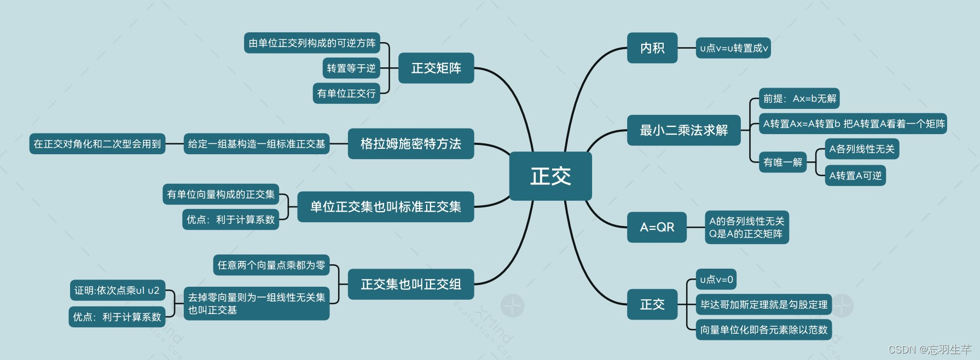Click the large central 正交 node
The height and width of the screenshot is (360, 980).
pyautogui.click(x=550, y=176)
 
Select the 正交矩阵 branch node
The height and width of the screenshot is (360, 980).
pyautogui.click(x=436, y=68)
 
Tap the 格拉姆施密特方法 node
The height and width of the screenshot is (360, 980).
pyautogui.click(x=410, y=143)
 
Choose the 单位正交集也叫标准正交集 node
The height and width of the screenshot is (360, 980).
pyautogui.click(x=385, y=207)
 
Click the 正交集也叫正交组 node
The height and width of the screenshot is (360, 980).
pyautogui.click(x=410, y=284)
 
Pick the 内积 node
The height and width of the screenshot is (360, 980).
pyautogui.click(x=652, y=48)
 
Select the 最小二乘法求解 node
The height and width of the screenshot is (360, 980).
pyautogui.click(x=683, y=130)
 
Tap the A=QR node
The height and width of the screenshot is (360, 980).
pyautogui.click(x=657, y=227)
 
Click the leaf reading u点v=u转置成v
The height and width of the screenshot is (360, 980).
pyautogui.click(x=734, y=48)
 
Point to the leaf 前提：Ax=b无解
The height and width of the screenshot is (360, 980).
pyautogui.click(x=799, y=98)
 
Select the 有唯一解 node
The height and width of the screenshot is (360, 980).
pyautogui.click(x=782, y=162)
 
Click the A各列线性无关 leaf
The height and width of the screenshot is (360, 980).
pyautogui.click(x=861, y=149)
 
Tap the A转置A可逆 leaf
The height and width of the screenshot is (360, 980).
pyautogui.click(x=855, y=176)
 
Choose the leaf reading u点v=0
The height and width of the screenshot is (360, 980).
pyautogui.click(x=716, y=280)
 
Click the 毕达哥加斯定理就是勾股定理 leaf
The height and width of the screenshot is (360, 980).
pyautogui.click(x=763, y=305)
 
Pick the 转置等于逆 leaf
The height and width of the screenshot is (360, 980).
pyautogui.click(x=351, y=68)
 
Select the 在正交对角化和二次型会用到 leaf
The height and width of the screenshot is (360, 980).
pyautogui.click(x=97, y=144)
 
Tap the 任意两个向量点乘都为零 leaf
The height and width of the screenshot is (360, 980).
pyautogui.click(x=271, y=265)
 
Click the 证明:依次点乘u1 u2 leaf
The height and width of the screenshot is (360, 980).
pyautogui.click(x=117, y=291)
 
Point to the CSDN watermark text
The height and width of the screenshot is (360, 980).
pyautogui.click(x=929, y=349)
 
